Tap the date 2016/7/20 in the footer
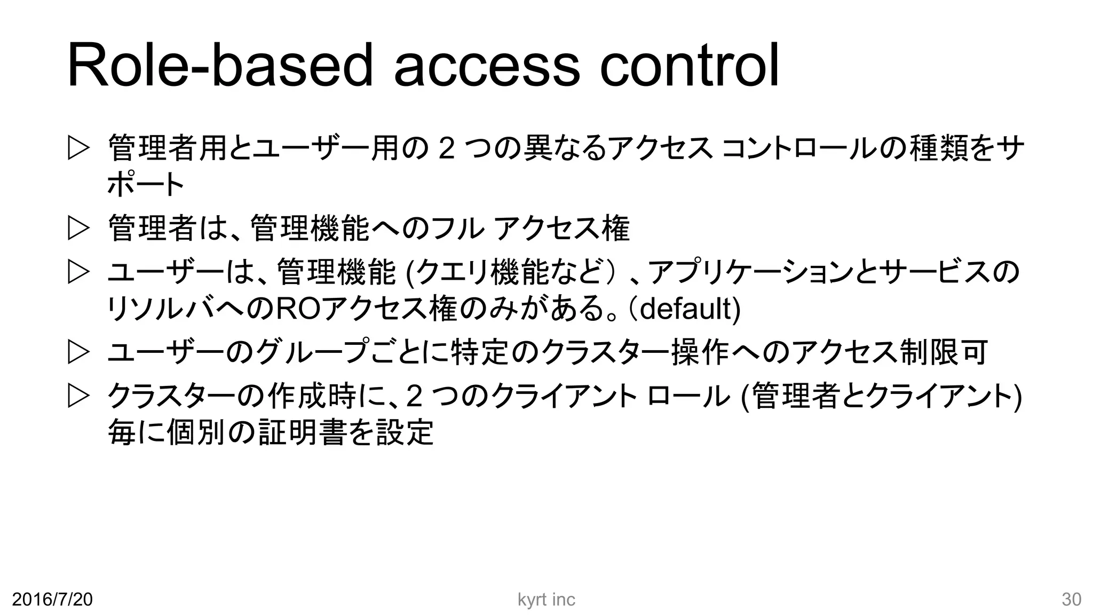click(x=52, y=600)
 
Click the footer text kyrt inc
click(x=546, y=600)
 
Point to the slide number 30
click(x=1071, y=600)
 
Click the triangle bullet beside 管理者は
click(x=78, y=229)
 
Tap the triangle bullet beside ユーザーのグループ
click(x=78, y=353)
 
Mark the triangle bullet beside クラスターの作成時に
click(x=78, y=397)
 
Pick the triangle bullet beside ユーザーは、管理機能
click(x=78, y=272)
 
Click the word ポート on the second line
click(x=146, y=185)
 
